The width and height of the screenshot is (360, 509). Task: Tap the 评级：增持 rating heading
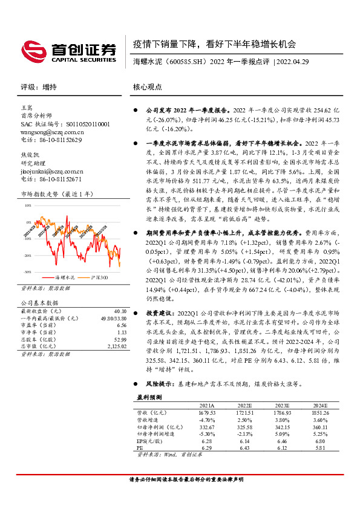pyautogui.click(x=39, y=86)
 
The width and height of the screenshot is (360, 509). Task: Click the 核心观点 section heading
pyautogui.click(x=148, y=86)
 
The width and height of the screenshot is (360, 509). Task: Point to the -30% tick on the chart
pyautogui.click(x=28, y=272)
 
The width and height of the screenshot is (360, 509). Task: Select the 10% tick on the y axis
pyautogui.click(x=28, y=206)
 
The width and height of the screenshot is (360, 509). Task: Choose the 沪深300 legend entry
pyautogui.click(x=99, y=277)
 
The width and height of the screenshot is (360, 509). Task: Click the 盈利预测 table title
pyautogui.click(x=149, y=397)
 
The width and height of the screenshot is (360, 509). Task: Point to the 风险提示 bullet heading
pyautogui.click(x=159, y=383)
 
